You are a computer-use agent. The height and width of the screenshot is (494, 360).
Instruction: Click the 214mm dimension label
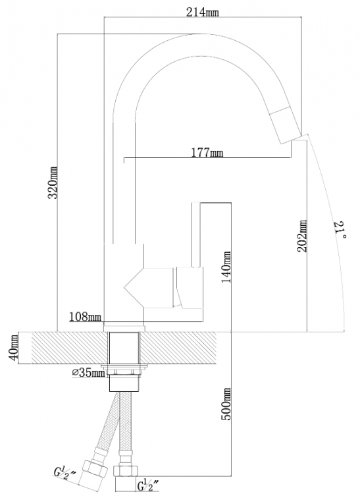[202, 13]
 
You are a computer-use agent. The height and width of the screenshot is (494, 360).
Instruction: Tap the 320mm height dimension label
[53, 182]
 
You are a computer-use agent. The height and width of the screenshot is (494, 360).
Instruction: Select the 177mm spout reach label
[207, 153]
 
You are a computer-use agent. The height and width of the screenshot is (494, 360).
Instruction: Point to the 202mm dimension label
[302, 236]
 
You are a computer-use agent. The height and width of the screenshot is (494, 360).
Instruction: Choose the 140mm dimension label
[226, 267]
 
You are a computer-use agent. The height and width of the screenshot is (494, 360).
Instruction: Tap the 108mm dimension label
[86, 317]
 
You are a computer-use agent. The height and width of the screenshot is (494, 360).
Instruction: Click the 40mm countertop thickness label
[13, 348]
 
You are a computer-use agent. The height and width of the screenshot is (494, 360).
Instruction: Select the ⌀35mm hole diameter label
[88, 373]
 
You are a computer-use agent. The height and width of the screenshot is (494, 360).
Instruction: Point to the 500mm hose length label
[226, 404]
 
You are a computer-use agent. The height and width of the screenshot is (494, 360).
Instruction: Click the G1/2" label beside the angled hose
[64, 474]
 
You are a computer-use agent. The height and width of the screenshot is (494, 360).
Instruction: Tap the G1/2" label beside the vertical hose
[148, 485]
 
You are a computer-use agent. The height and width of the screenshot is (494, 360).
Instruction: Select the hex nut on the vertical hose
[125, 472]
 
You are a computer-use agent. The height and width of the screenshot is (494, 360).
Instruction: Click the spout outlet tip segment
[286, 125]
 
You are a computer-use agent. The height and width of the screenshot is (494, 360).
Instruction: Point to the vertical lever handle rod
[195, 234]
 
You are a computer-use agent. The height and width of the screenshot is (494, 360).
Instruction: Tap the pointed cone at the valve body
[134, 288]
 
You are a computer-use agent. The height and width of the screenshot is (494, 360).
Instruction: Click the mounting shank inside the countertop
[124, 348]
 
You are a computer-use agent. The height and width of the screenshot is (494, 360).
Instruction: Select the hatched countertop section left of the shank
[70, 348]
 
